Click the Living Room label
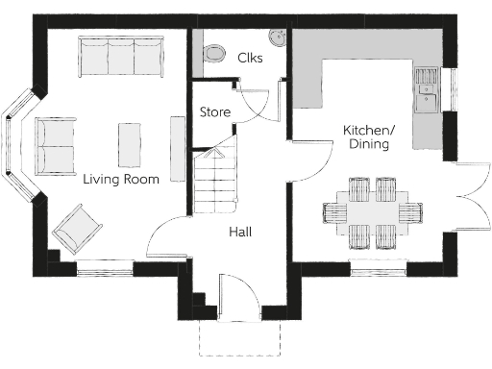click(121, 179)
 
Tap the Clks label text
click(250, 58)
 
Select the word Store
click(214, 112)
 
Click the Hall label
click(240, 233)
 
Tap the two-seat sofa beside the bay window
click(57, 146)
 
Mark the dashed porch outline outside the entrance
click(240, 338)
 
